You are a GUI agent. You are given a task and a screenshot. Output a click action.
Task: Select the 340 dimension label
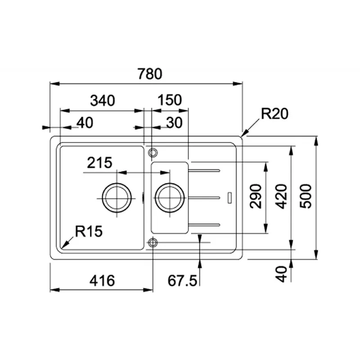click(x=103, y=100)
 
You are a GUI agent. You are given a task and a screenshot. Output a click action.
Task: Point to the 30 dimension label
click(x=173, y=122)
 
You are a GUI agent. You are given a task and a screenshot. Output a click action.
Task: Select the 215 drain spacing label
click(x=99, y=162)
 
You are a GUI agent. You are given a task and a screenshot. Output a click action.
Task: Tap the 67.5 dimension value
click(x=182, y=281)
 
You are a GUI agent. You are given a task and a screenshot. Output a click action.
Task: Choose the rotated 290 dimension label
click(x=256, y=196)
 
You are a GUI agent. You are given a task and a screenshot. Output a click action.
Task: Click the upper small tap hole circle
click(x=153, y=151)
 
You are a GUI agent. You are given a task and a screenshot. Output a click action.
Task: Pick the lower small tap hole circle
click(x=153, y=243)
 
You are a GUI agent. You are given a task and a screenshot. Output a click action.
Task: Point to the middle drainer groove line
click(x=204, y=197)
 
